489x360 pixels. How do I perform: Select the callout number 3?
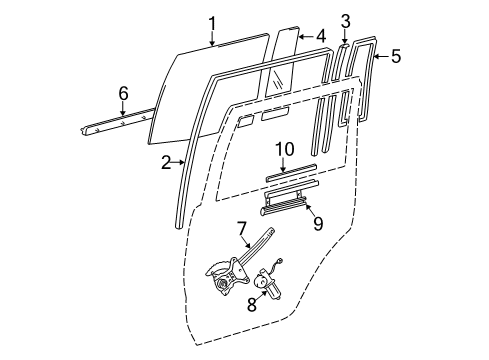345,19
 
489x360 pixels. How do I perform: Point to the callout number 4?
320,36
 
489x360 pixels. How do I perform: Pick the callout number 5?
395,57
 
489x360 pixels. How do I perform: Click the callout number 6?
123,93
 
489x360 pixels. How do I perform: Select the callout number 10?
283,149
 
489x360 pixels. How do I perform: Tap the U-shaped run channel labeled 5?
373,80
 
